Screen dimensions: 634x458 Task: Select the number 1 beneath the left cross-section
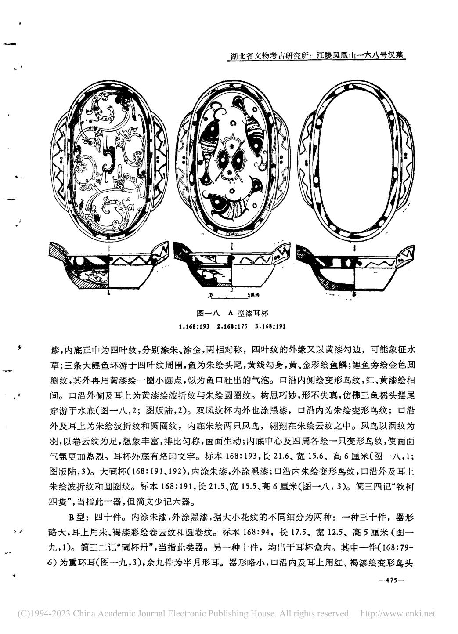click(x=108, y=292)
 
